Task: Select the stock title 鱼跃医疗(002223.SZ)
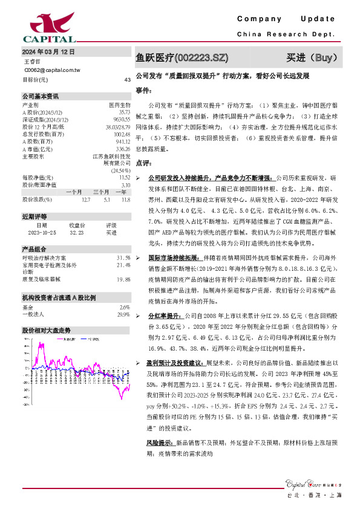coord(183,58)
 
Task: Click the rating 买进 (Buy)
coord(310,58)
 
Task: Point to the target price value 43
coord(127,79)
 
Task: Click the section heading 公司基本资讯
coord(41,96)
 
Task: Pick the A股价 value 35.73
coord(124,112)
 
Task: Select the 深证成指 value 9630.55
coord(122,119)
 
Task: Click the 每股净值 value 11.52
coord(125,178)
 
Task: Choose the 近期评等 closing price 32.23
coord(76,232)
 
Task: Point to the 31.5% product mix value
coord(123,257)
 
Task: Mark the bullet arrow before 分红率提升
coord(139,316)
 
